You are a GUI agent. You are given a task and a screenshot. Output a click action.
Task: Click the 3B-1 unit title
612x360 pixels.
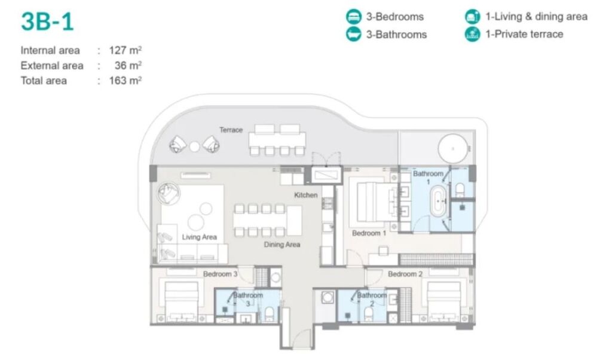tap(47, 22)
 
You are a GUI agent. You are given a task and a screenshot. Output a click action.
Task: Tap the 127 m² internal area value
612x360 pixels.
tap(125, 50)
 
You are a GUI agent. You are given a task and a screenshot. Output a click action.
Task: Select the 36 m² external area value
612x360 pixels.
tap(128, 65)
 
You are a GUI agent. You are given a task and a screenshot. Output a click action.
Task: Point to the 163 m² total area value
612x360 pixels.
tap(125, 81)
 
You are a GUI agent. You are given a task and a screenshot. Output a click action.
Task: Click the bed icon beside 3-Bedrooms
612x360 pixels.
tap(354, 16)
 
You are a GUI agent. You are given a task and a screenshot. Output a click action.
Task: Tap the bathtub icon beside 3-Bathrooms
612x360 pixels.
tap(354, 34)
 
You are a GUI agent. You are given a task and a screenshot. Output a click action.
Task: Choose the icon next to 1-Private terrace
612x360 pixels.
tap(472, 34)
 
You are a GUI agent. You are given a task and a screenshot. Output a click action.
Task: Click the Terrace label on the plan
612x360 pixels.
tap(231, 130)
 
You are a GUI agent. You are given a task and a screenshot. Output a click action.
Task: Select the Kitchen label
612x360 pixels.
tap(305, 195)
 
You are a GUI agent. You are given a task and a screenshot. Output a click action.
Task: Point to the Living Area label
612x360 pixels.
tap(199, 237)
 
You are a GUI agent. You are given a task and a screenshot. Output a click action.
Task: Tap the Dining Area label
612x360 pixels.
tap(282, 245)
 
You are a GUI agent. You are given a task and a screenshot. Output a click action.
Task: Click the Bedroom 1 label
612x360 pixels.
tap(369, 233)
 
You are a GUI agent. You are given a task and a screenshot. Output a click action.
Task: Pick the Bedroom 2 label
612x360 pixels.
tap(405, 274)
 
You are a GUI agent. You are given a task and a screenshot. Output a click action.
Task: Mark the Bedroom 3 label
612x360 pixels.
tap(220, 274)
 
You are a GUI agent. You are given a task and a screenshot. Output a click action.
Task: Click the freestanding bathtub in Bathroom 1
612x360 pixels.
tap(438, 201)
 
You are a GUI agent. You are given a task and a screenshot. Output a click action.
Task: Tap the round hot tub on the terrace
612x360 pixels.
tap(453, 149)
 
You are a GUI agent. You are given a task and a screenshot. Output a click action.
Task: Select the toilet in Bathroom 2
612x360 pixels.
tap(369, 313)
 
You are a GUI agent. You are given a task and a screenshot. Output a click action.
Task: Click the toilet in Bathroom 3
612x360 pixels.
tap(270, 313)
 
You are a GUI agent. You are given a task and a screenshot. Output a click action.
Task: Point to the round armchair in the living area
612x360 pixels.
tap(169, 194)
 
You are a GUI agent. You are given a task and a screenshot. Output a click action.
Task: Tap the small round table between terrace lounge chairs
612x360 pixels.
tap(194, 147)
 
